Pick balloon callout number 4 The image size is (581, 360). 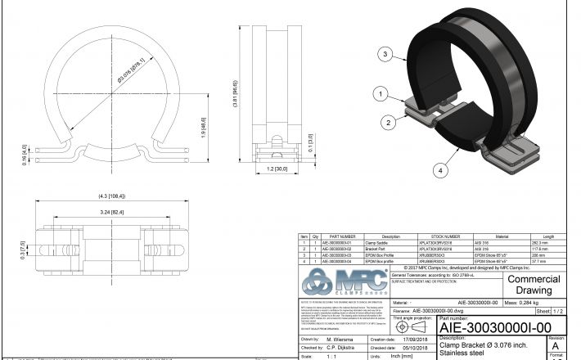point(440,170)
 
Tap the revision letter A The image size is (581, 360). point(556,346)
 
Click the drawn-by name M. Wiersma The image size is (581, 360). point(338,338)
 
